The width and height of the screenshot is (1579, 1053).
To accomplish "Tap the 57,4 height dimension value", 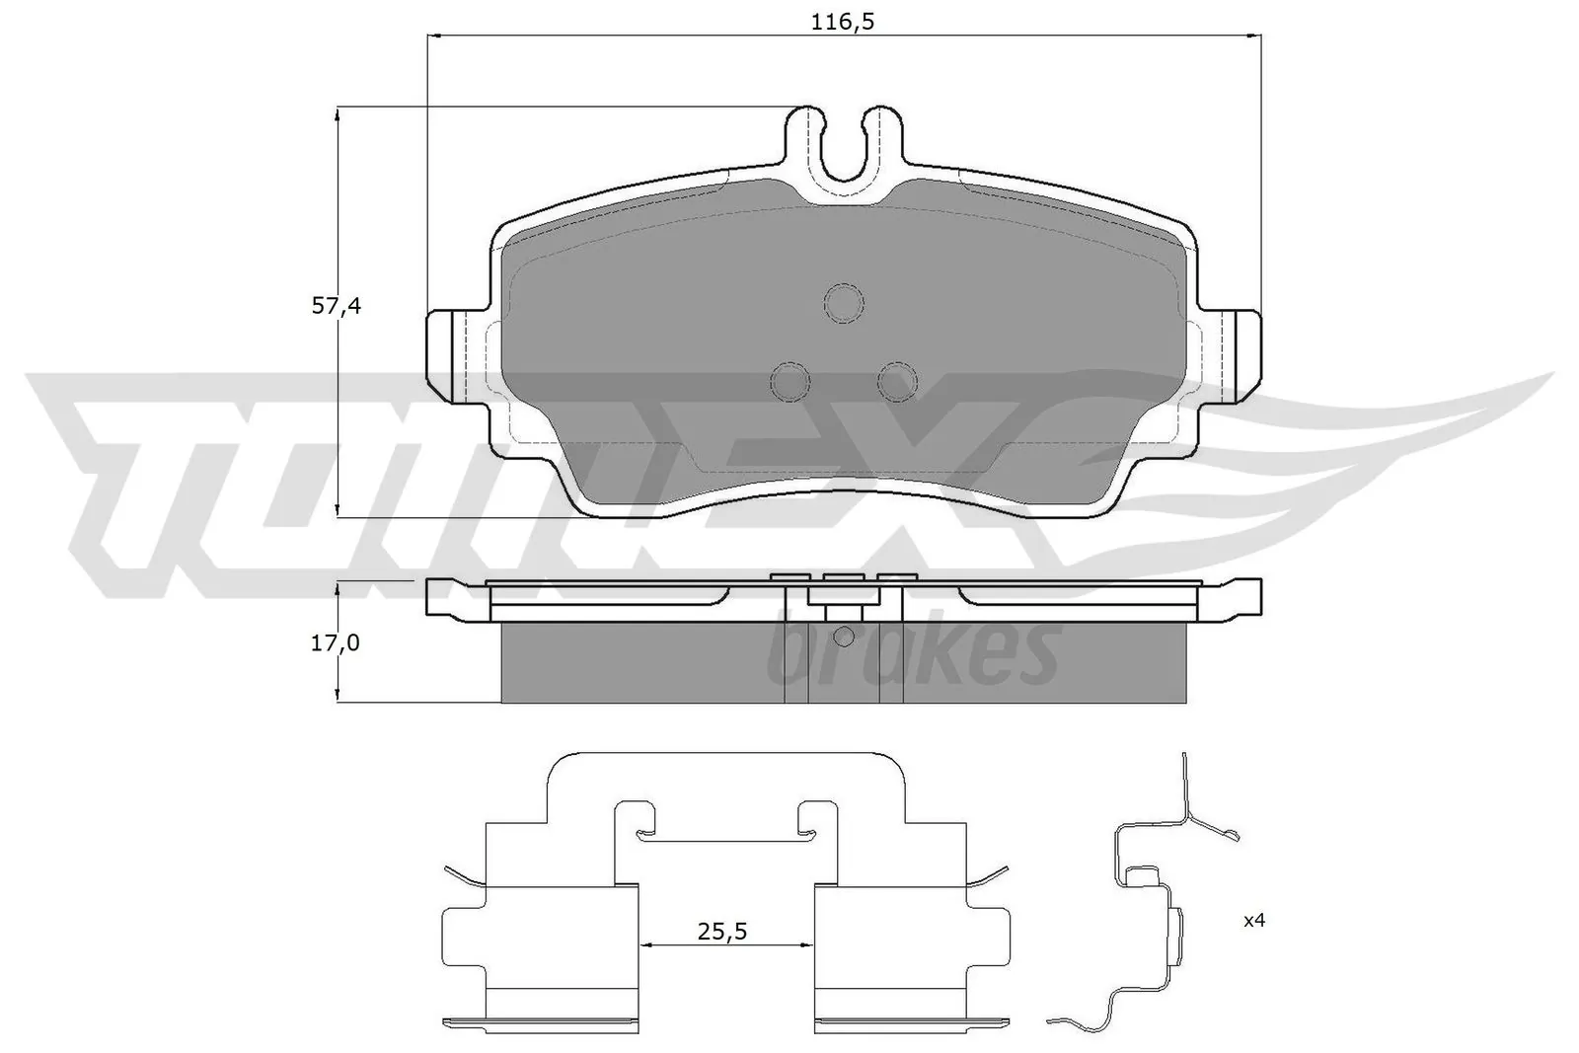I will coord(337,306).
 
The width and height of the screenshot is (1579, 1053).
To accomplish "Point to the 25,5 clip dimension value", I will coord(720,931).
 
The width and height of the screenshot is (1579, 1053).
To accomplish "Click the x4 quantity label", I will coord(1253,921).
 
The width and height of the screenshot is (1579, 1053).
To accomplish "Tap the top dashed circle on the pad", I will coord(844,303).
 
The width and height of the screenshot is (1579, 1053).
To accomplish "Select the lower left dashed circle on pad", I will coord(789,381).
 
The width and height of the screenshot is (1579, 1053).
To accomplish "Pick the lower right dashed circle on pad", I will coord(897,381).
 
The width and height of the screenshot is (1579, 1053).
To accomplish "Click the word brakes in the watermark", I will coord(913,654).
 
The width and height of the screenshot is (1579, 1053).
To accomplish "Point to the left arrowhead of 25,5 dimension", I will coord(647,945).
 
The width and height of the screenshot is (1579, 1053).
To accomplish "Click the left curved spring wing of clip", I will coord(464,875).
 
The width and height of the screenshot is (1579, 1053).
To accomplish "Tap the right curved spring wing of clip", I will coord(988,875).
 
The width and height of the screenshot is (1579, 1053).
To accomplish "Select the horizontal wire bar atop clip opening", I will coord(725,841).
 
